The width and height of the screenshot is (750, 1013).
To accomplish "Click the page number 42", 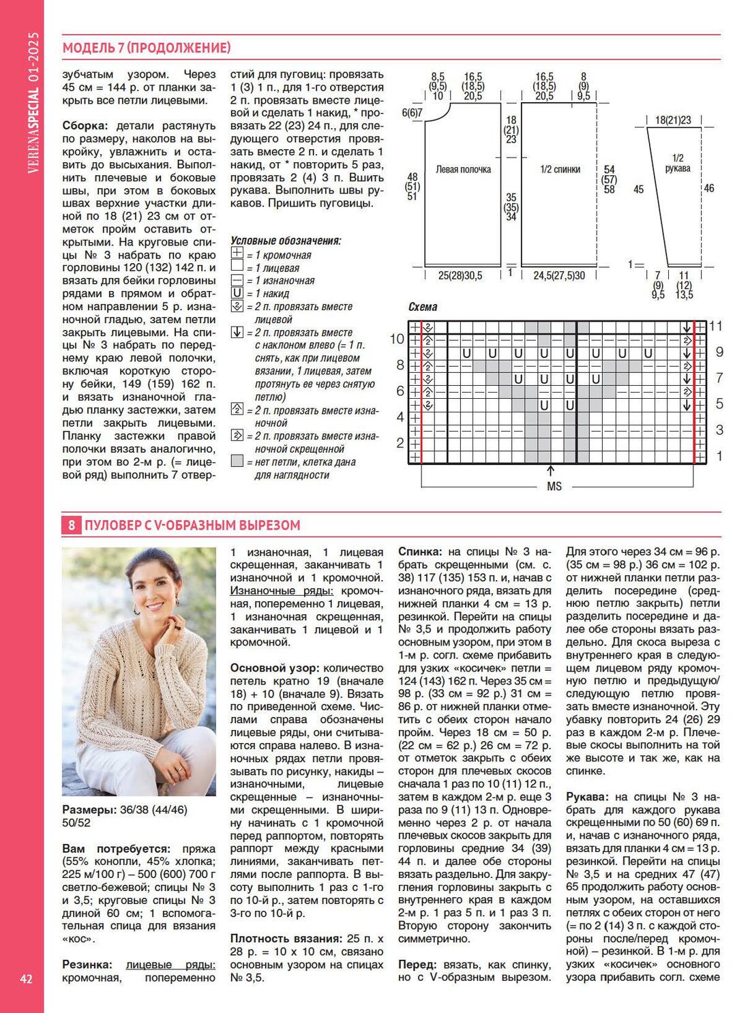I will click(26, 979).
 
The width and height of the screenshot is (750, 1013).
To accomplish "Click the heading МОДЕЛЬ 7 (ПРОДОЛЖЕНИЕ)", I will click(147, 48).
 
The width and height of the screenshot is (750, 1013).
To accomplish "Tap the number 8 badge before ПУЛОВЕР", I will click(71, 526).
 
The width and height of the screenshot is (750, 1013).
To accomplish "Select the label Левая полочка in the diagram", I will click(463, 169).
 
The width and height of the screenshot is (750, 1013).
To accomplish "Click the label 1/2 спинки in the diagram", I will click(560, 169).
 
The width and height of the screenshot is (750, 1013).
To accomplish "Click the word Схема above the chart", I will click(423, 307).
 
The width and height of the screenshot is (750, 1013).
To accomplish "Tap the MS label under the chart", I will click(554, 486).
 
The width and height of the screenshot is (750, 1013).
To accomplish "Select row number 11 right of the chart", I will click(715, 326).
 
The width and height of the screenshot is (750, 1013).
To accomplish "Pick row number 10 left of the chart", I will click(397, 339).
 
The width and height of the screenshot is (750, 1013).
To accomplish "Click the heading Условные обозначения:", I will click(286, 241).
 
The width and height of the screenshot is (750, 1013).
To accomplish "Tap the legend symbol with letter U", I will click(237, 293).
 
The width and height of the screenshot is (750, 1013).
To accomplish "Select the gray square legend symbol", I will click(237, 462).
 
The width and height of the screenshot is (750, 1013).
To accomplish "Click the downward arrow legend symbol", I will click(237, 333).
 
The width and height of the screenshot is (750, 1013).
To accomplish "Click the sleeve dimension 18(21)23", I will click(672, 120).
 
